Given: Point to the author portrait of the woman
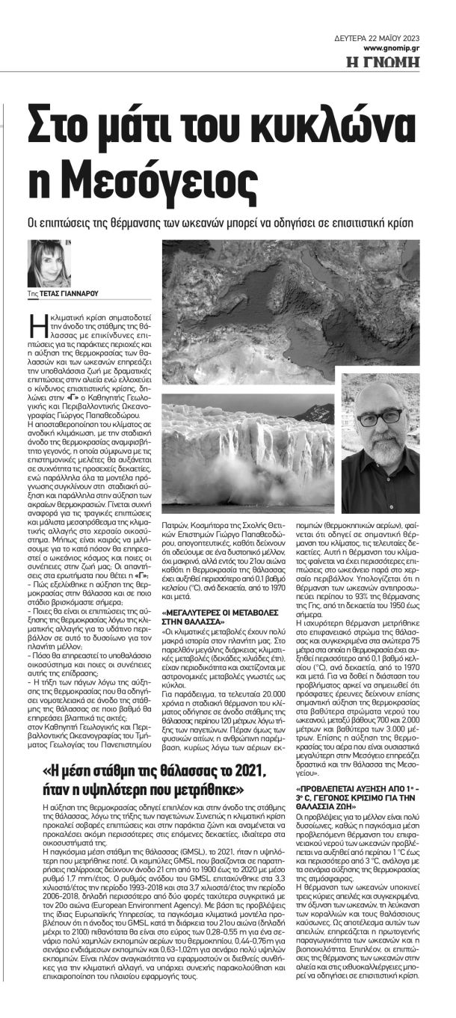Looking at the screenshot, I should pos(49,263).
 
